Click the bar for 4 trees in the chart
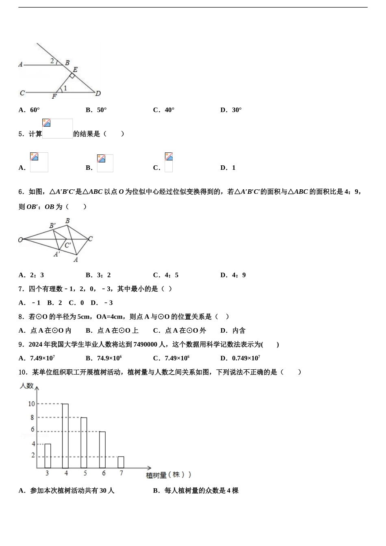(65, 436)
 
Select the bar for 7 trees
(121, 462)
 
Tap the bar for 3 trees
(48, 456)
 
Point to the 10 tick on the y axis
(31, 404)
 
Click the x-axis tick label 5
(85, 473)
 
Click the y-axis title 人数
(26, 386)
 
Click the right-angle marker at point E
(72, 76)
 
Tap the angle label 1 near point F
(65, 88)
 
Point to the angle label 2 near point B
(52, 61)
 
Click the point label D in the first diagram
(98, 93)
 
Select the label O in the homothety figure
(20, 240)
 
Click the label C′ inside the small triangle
(68, 245)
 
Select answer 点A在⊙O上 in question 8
(117, 330)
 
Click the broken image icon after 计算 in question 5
(47, 123)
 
